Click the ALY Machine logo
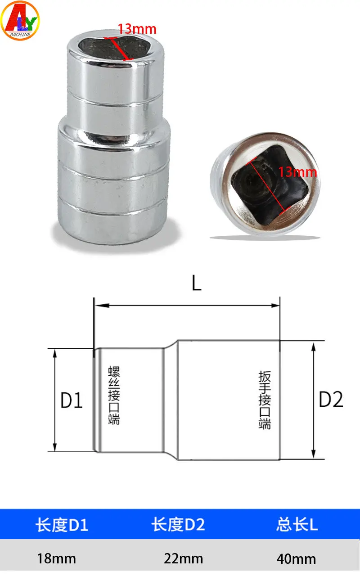tap(20, 20)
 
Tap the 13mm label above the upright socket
tap(137, 29)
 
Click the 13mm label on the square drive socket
tap(297, 172)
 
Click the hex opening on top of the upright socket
tap(116, 48)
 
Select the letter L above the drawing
tap(197, 283)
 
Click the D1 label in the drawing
tap(71, 400)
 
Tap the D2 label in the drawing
tap(331, 400)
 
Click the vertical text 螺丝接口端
tap(114, 396)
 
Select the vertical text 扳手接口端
tap(265, 400)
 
